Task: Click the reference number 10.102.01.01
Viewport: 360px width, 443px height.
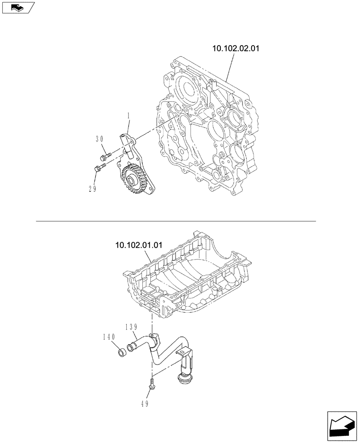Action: point(139,244)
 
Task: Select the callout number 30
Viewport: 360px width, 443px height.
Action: point(100,139)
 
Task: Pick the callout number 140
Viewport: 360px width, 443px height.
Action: point(109,337)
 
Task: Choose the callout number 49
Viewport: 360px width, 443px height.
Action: point(145,404)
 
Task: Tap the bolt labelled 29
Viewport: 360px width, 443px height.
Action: point(99,168)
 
